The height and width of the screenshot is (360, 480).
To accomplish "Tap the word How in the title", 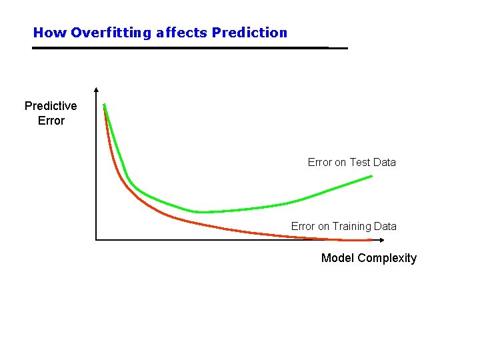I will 50,33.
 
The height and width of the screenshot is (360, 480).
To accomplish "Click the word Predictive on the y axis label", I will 51,106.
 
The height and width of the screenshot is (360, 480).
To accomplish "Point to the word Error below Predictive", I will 51,121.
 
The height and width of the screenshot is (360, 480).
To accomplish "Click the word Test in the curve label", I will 360,162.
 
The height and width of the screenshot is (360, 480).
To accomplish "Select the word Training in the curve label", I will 352,227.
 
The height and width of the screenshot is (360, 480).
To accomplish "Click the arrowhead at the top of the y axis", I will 97,90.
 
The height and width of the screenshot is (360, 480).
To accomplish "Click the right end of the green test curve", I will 372,175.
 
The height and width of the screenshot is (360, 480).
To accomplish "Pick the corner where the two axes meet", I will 97,239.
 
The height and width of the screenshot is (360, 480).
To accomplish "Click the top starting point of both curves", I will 104,105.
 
